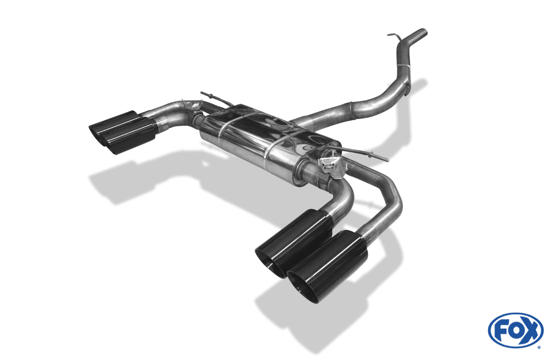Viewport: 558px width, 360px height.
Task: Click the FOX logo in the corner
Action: click(516, 330)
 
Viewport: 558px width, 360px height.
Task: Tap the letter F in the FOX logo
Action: click(501, 331)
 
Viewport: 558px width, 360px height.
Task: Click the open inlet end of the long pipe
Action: click(423, 33)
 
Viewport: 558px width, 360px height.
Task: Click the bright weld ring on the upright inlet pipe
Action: click(403, 65)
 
